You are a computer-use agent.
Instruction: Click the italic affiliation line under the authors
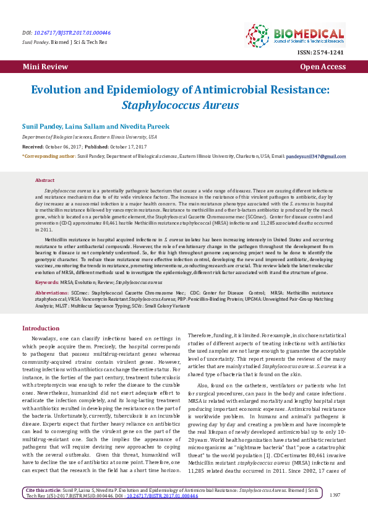coord(89,136)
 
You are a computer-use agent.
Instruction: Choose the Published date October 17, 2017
coord(128,146)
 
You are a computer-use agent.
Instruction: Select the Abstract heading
coord(45,179)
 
